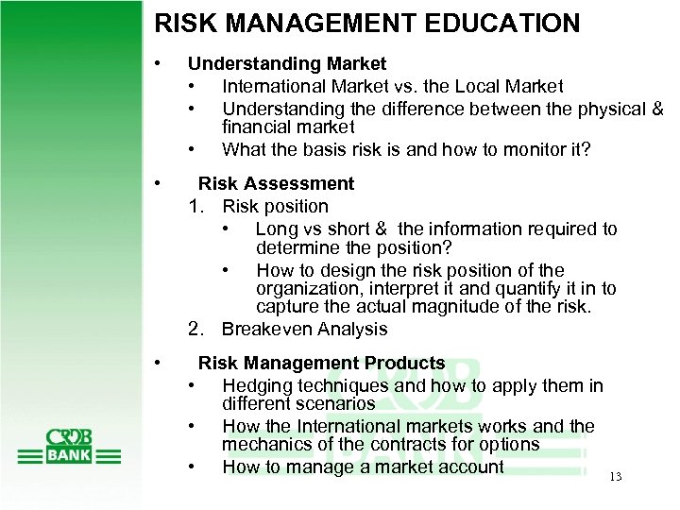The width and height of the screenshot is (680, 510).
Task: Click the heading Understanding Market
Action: (x=287, y=64)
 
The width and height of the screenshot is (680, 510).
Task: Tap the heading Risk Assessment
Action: (x=276, y=183)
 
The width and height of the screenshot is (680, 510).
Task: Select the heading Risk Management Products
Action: (x=321, y=363)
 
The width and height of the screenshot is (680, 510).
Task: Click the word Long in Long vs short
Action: (x=275, y=229)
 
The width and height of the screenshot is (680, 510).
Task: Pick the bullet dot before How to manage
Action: (x=193, y=466)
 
